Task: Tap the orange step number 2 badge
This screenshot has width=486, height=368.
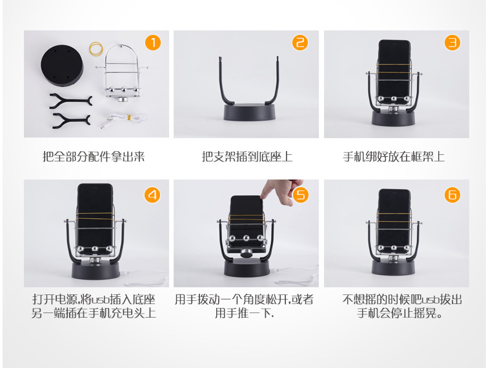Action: pos(300,44)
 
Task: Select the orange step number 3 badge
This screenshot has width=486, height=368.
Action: pos(452,44)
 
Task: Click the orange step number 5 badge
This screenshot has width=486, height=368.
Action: pos(301,194)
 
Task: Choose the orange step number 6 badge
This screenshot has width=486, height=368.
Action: pos(452,194)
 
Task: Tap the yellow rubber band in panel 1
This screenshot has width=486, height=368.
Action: pos(97,48)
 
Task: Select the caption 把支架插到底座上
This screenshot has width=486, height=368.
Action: pos(247,157)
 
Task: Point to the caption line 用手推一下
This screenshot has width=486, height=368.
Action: pos(245,314)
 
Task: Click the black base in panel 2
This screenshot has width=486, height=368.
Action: pos(249,112)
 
